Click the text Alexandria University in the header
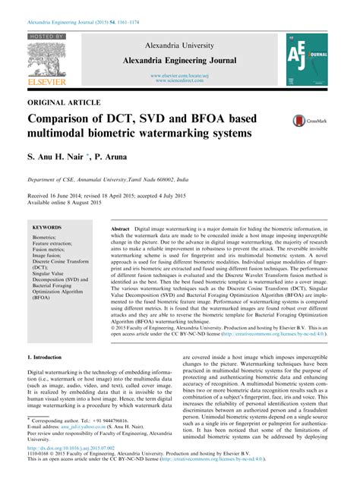coord(180,45)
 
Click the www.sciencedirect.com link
coord(180,80)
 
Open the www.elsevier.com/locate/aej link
coord(180,75)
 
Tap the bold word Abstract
coord(120,228)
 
